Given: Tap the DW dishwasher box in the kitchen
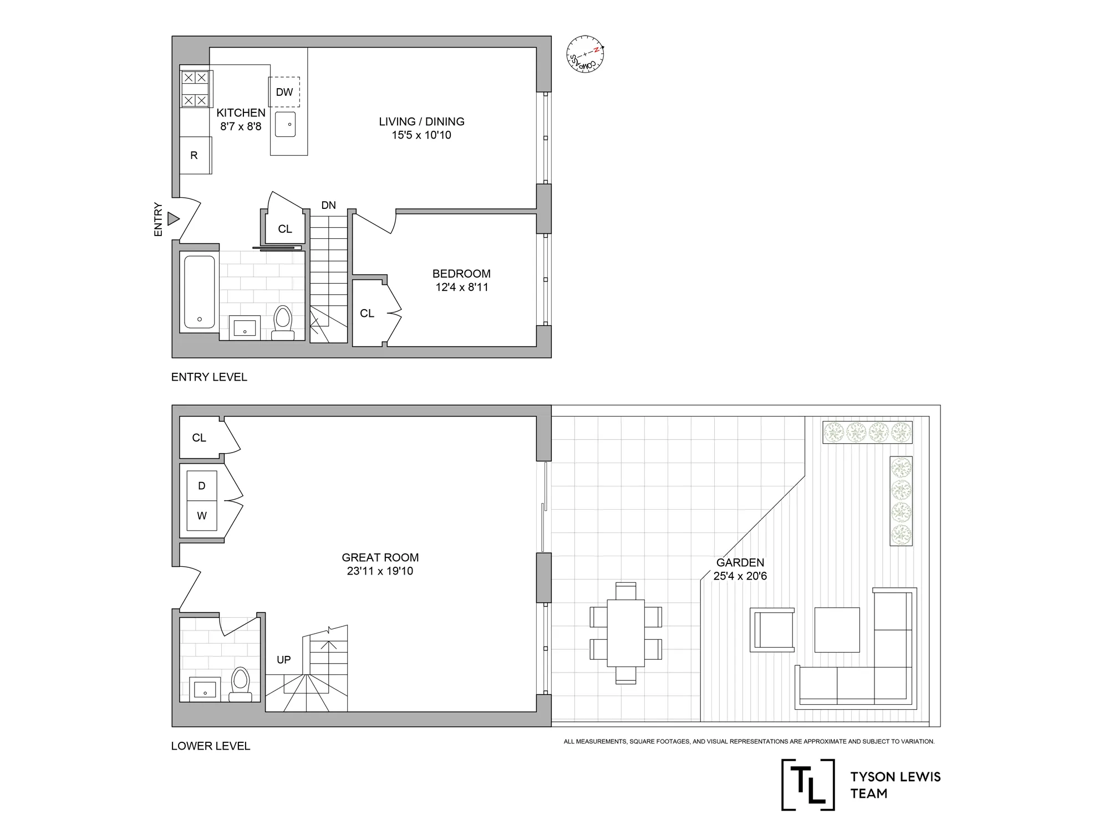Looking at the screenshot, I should pos(284,92).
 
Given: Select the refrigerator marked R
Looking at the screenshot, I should pos(195,156).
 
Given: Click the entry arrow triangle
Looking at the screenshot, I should pos(174,219).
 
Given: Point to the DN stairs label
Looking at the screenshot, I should pos(328,206).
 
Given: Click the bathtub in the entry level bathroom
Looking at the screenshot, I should pos(199,292).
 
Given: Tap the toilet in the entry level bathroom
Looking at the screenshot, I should pos(283,321).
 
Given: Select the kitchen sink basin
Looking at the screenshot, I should pos(286,124).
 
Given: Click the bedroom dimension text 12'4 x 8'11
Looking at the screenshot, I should pos(461,288).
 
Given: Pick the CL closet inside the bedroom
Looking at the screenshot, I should pos(367,314).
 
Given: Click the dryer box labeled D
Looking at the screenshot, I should pos(202,486).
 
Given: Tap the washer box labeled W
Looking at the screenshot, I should pos(202,516).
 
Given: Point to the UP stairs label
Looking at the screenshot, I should pos(283,660).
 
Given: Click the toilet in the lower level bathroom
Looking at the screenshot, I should pos(240,684).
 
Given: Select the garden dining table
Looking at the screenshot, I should pos(625,633).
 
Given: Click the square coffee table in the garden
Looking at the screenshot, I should pos(837,629).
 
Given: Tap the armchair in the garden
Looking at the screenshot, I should pos(772,629).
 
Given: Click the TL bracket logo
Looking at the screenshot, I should pos(808,784).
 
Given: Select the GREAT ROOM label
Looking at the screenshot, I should pos(380,558).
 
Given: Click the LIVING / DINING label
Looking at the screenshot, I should pos(421,122).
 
